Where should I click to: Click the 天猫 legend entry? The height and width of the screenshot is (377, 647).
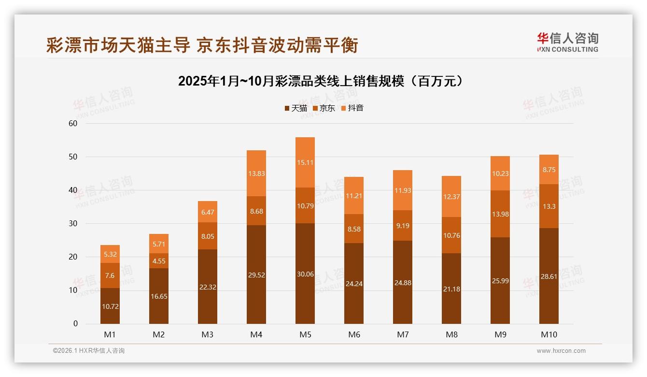click(x=295, y=108)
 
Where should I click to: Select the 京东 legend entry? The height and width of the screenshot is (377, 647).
click(x=323, y=108)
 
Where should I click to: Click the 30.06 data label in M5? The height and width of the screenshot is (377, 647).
click(x=305, y=274)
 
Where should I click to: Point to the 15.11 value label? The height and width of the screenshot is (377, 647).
click(x=305, y=162)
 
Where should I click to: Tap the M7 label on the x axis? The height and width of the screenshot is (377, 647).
click(x=403, y=334)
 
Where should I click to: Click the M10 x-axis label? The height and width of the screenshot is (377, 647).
click(x=549, y=334)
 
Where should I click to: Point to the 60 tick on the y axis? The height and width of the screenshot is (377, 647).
click(x=73, y=123)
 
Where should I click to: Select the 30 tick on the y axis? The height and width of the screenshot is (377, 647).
click(x=73, y=223)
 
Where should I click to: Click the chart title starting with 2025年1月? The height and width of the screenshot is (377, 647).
click(x=322, y=81)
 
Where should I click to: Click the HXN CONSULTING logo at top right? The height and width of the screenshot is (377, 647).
click(x=567, y=42)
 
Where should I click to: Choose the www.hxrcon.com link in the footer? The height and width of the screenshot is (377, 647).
click(x=561, y=351)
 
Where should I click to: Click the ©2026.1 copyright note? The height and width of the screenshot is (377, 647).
click(x=89, y=351)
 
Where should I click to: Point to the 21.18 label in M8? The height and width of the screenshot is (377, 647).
click(x=451, y=289)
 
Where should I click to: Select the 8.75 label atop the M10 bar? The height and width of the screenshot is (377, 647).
click(x=549, y=170)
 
